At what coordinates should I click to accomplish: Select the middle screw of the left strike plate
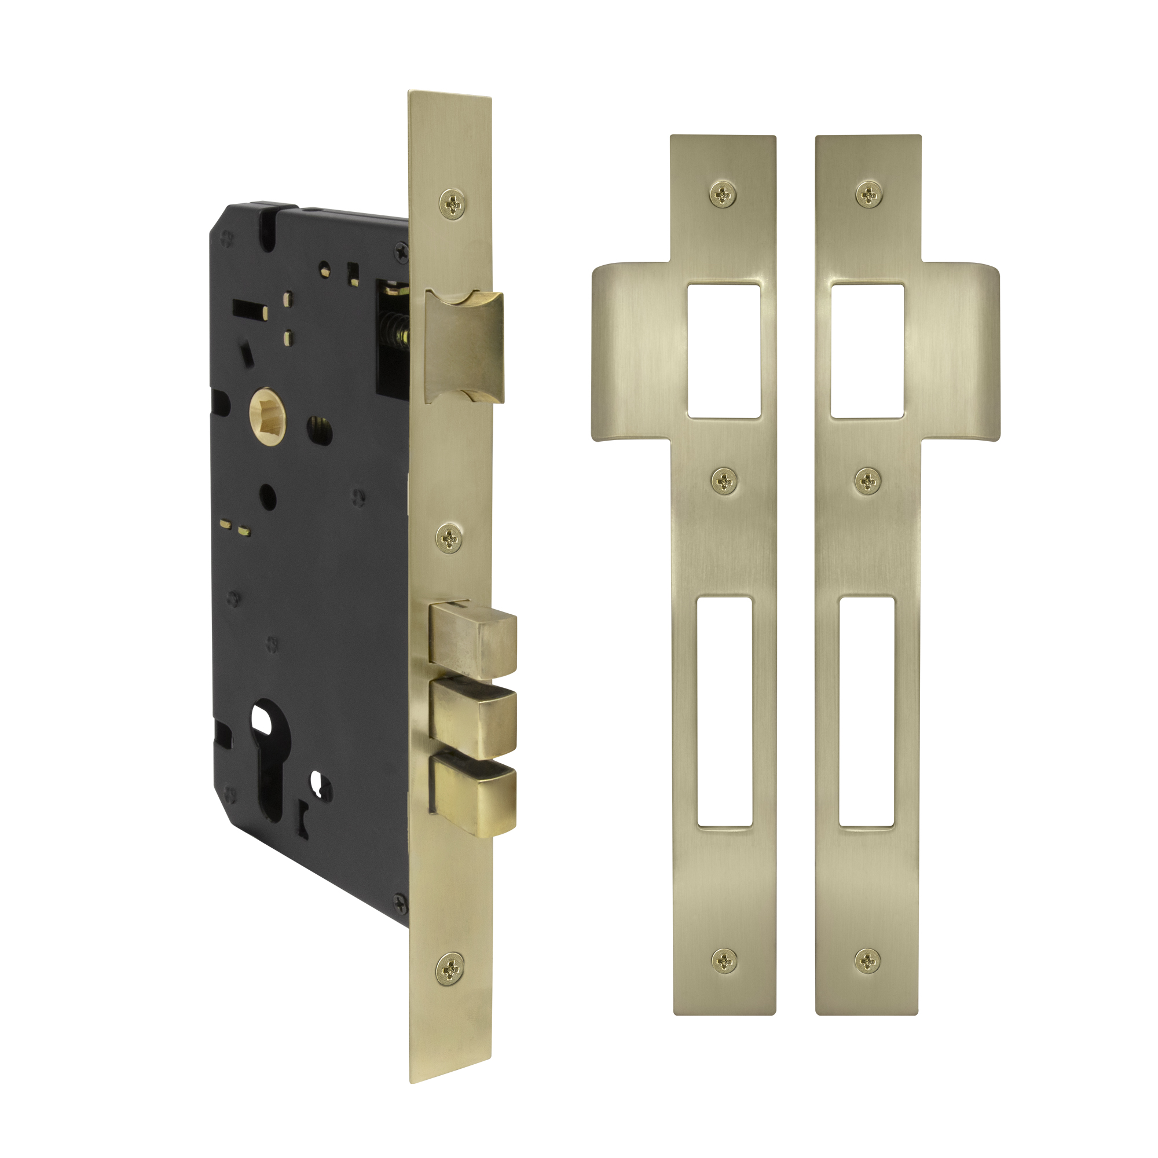click(724, 480)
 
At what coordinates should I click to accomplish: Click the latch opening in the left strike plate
click(723, 351)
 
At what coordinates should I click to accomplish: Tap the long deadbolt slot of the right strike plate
click(867, 712)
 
